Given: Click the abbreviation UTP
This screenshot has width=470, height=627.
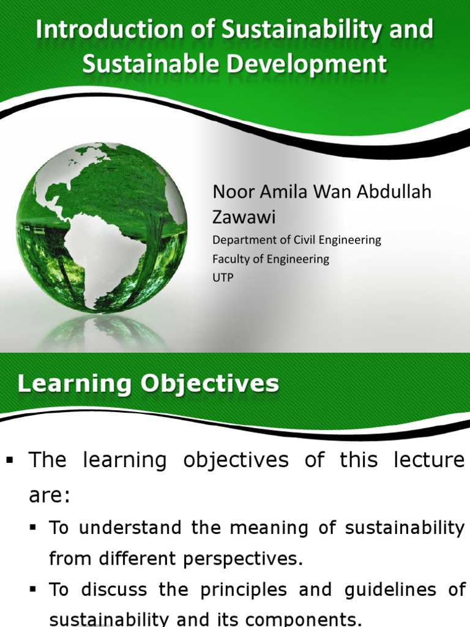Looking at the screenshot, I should click(x=223, y=277).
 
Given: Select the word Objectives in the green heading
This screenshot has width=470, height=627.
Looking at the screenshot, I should click(x=210, y=384).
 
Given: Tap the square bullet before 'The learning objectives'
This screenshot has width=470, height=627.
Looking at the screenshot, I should click(x=9, y=460).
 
